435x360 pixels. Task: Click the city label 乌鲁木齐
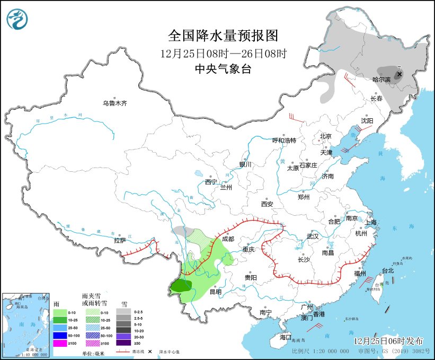[x=115, y=103]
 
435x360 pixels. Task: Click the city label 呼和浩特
[x=283, y=141]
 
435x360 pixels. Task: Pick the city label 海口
[x=286, y=337]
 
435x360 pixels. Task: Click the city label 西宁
[x=211, y=182]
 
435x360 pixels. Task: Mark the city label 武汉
[x=313, y=236]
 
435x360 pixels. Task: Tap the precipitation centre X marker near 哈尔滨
[x=398, y=75]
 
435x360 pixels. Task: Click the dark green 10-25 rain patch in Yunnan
[x=181, y=287]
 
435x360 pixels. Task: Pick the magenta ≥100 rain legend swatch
[x=60, y=344]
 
